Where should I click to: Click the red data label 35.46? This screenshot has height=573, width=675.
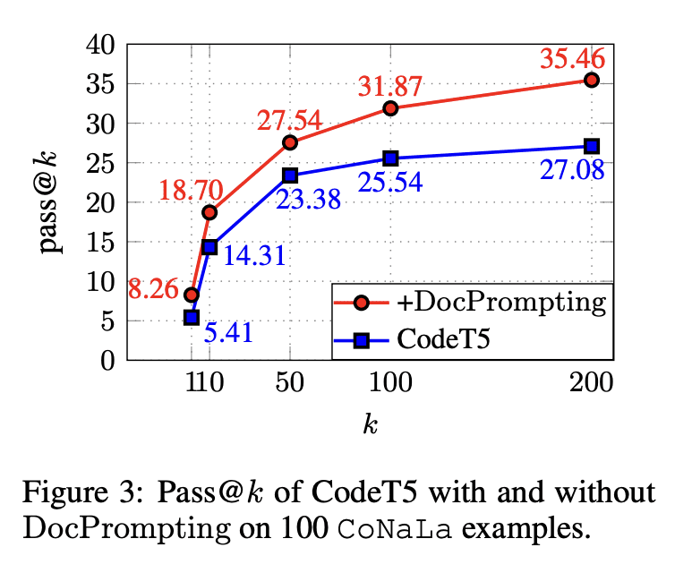pyautogui.click(x=572, y=61)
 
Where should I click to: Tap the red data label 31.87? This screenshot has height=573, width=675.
pyautogui.click(x=389, y=89)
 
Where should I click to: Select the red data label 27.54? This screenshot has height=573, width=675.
pyautogui.click(x=288, y=122)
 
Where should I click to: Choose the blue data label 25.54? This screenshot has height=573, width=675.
pyautogui.click(x=389, y=183)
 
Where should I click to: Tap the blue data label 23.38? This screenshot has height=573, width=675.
pyautogui.click(x=308, y=199)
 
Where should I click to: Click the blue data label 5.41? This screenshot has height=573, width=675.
pyautogui.click(x=228, y=334)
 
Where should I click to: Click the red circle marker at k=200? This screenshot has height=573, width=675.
pyautogui.click(x=591, y=80)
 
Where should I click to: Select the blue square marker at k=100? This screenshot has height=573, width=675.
pyautogui.click(x=390, y=158)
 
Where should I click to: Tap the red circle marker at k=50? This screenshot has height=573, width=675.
pyautogui.click(x=289, y=142)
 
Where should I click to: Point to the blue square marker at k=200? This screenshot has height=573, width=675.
pyautogui.click(x=591, y=146)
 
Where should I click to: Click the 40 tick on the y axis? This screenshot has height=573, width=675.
pyautogui.click(x=103, y=45)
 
